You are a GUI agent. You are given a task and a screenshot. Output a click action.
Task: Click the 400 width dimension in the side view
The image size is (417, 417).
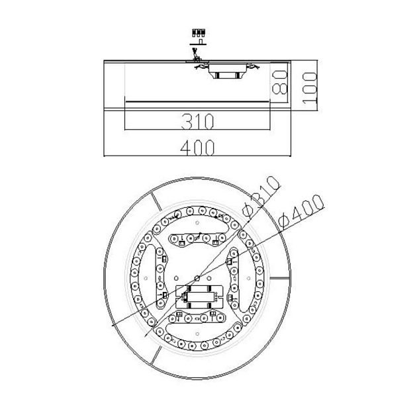[x=198, y=148]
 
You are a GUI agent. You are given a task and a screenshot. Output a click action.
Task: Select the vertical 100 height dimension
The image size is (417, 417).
[x=309, y=84]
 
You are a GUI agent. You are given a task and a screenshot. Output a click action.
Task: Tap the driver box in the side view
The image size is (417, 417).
[x=227, y=74]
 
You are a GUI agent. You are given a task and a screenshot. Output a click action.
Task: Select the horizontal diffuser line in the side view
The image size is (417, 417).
[x=198, y=101]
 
